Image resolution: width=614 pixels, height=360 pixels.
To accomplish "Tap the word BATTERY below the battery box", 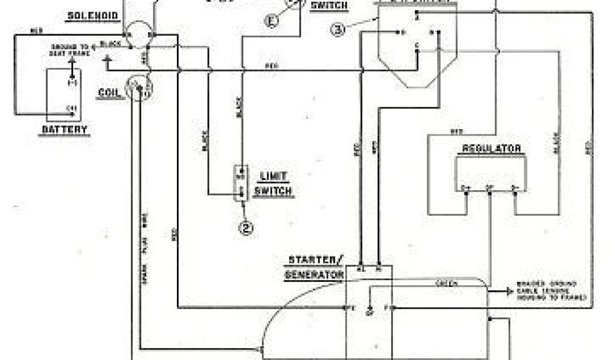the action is pos(65,129).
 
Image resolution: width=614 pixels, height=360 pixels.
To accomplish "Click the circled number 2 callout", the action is pos(245,227).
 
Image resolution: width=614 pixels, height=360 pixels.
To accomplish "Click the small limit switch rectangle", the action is pos(242,183).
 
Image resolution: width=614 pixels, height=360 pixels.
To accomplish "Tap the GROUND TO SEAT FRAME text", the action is pos(71,50).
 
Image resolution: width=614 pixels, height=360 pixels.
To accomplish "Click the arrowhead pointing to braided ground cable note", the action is pos(504,290).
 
